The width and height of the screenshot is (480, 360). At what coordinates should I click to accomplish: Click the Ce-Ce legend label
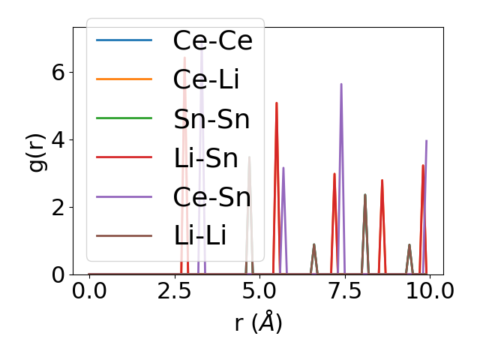(213, 40)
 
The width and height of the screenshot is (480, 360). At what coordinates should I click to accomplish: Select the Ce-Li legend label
(207, 79)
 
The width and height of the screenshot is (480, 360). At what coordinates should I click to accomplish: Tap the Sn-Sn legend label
(211, 118)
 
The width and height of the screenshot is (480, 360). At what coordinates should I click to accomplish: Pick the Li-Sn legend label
(205, 157)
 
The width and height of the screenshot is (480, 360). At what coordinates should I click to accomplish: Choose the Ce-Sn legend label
(212, 196)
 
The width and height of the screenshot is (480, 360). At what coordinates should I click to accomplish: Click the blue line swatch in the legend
(124, 40)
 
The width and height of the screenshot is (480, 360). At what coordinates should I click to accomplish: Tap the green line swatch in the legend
(124, 118)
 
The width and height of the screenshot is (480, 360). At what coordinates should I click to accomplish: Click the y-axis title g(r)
(37, 151)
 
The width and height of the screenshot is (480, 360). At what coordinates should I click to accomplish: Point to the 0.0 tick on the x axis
(89, 291)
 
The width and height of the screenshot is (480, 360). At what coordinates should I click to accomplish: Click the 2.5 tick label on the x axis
(174, 291)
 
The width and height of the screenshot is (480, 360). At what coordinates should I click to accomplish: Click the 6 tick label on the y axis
(58, 72)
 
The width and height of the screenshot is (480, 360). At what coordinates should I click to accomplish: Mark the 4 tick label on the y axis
(58, 139)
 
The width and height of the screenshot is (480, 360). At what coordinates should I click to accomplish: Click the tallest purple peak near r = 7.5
(341, 84)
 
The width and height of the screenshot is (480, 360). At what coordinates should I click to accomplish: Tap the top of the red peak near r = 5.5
(277, 103)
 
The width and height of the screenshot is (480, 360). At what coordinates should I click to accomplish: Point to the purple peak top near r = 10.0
(426, 140)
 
